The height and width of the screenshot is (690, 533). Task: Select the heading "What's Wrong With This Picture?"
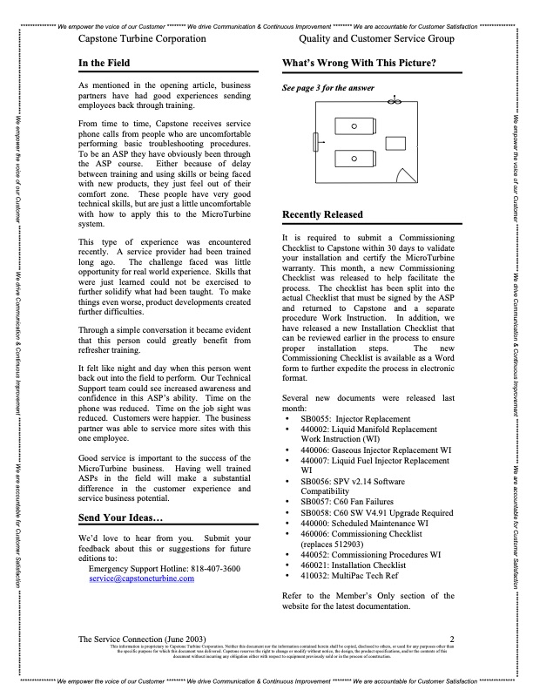[x=359, y=64]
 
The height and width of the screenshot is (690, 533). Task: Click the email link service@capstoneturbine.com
[x=142, y=578]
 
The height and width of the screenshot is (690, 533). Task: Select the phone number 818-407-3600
[x=217, y=567]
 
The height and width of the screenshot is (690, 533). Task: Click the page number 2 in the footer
[x=452, y=639]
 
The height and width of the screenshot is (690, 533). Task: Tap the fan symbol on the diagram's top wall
[x=393, y=102]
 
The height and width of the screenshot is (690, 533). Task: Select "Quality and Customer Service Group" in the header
[x=376, y=39]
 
